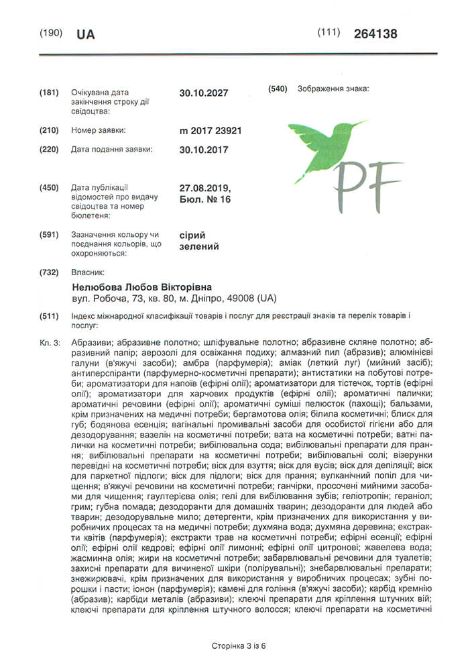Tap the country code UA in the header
(x=86, y=34)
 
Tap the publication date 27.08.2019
(x=205, y=189)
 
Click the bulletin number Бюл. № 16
(x=205, y=199)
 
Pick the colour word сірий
(x=192, y=235)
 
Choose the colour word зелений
(x=199, y=246)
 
